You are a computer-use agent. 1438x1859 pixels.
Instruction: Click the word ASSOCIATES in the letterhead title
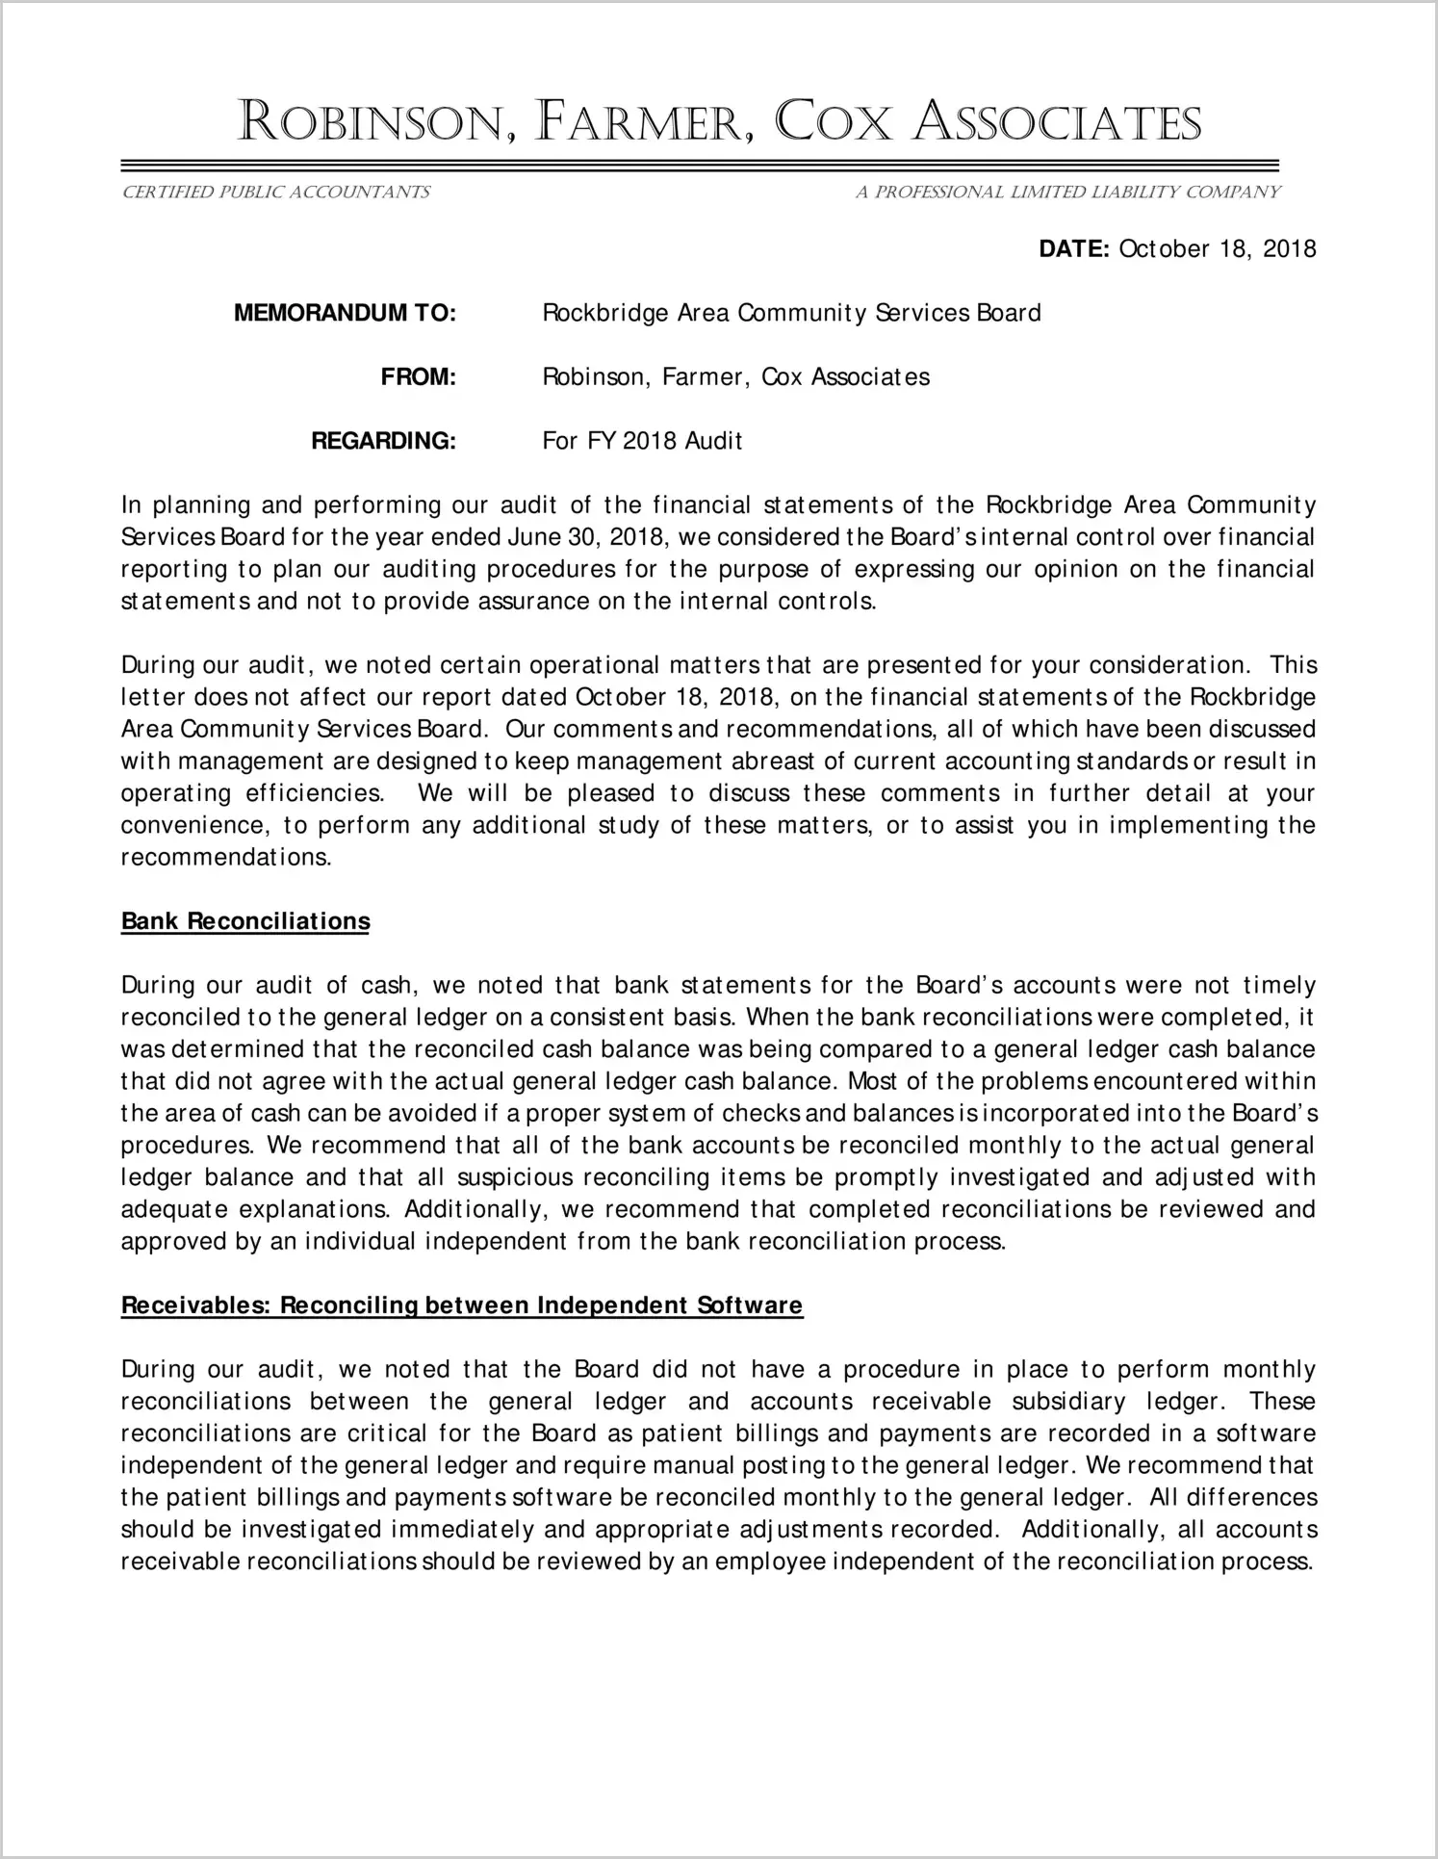pos(1056,123)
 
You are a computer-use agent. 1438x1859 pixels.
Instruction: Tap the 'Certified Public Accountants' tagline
pos(275,193)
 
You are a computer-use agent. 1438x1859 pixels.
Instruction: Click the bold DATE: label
pos(1074,249)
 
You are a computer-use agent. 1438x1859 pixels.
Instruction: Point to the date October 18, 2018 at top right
pos(1218,249)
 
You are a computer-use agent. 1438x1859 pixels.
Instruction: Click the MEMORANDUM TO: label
pos(345,313)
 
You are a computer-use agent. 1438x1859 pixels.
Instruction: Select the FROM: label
pos(418,376)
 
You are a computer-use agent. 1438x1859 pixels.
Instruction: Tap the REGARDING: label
pos(382,441)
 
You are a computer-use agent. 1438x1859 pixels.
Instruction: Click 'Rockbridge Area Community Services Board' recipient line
pos(791,313)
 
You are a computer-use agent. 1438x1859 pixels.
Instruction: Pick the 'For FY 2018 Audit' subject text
pos(642,441)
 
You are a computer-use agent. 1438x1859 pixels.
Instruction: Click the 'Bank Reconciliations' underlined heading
pos(245,921)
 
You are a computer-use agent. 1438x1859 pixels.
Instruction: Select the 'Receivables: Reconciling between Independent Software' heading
pos(462,1305)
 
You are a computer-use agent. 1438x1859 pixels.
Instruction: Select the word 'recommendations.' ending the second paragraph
pos(226,857)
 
